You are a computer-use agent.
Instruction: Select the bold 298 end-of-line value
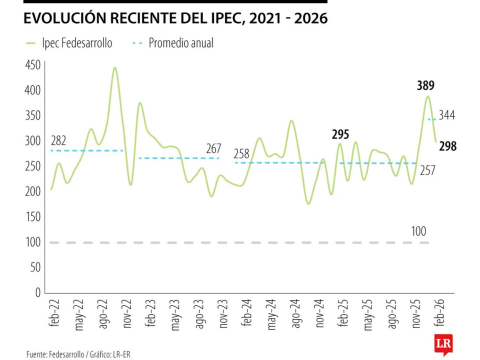click(x=447, y=146)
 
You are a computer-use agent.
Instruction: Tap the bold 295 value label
click(x=340, y=134)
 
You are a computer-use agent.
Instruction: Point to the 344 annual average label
click(x=447, y=115)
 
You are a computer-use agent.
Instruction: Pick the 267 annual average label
click(x=213, y=148)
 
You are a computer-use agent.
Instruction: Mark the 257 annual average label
click(x=427, y=171)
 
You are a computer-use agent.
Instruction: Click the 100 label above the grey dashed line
click(x=419, y=232)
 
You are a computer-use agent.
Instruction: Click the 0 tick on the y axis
click(x=37, y=292)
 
